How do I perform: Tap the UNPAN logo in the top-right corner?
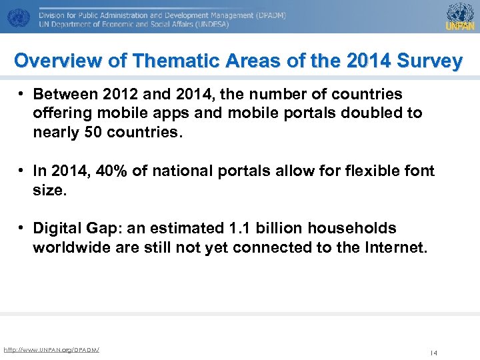[x=460, y=16]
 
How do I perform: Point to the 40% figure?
[x=112, y=171]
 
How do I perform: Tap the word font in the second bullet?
[x=419, y=171]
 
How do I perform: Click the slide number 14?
[x=433, y=353]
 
